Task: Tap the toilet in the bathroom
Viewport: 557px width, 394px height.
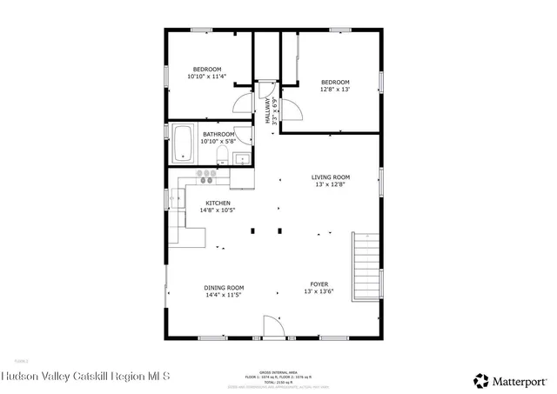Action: (221, 156)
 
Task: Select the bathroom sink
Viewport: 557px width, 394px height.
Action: (241, 157)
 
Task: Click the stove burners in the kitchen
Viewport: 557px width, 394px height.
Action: (207, 176)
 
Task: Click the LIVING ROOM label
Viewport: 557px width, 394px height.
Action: (331, 177)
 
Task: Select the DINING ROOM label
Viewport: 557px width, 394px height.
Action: (224, 288)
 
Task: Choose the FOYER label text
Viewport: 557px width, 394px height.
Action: (319, 284)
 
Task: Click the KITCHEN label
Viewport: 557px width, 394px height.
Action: (218, 203)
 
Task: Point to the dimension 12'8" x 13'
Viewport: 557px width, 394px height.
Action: (335, 89)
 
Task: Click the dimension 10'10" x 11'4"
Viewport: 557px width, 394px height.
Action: (207, 77)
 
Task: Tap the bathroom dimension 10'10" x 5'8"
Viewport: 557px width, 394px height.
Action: (218, 141)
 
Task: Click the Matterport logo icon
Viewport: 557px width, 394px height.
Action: (480, 379)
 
